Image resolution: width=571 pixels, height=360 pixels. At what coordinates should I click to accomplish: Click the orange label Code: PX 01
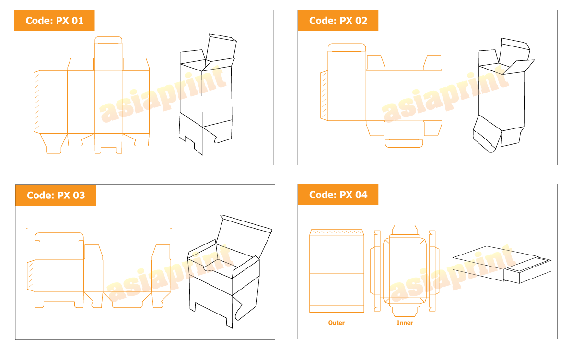click(x=54, y=21)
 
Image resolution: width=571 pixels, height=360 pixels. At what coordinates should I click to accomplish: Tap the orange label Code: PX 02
click(x=338, y=21)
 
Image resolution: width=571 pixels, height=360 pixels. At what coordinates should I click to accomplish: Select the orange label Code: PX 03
click(x=56, y=195)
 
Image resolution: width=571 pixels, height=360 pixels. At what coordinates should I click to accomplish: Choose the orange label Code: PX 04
click(x=338, y=195)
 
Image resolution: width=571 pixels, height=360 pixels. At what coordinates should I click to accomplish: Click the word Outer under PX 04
click(x=336, y=323)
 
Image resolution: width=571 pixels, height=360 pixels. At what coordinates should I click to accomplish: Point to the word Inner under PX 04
click(x=405, y=323)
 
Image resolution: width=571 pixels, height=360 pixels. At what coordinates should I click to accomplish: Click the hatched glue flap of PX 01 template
click(x=36, y=102)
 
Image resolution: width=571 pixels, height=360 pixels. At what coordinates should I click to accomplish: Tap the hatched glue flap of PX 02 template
click(x=324, y=95)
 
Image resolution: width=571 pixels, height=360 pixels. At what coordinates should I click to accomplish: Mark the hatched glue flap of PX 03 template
click(x=31, y=276)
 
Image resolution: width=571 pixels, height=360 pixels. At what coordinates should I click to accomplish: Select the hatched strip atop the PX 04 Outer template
click(x=337, y=232)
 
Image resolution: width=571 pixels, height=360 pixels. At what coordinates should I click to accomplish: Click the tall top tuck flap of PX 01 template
click(x=108, y=54)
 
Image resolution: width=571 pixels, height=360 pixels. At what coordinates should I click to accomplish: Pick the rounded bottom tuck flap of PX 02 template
click(x=404, y=134)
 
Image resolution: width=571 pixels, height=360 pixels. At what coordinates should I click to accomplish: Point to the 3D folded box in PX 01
click(x=206, y=94)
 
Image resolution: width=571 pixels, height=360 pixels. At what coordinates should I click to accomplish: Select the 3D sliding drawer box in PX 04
click(x=502, y=265)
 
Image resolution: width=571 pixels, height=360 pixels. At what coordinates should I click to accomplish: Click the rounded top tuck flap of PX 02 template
click(x=347, y=57)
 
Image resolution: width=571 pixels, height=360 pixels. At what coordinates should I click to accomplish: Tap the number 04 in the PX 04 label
click(x=361, y=195)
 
